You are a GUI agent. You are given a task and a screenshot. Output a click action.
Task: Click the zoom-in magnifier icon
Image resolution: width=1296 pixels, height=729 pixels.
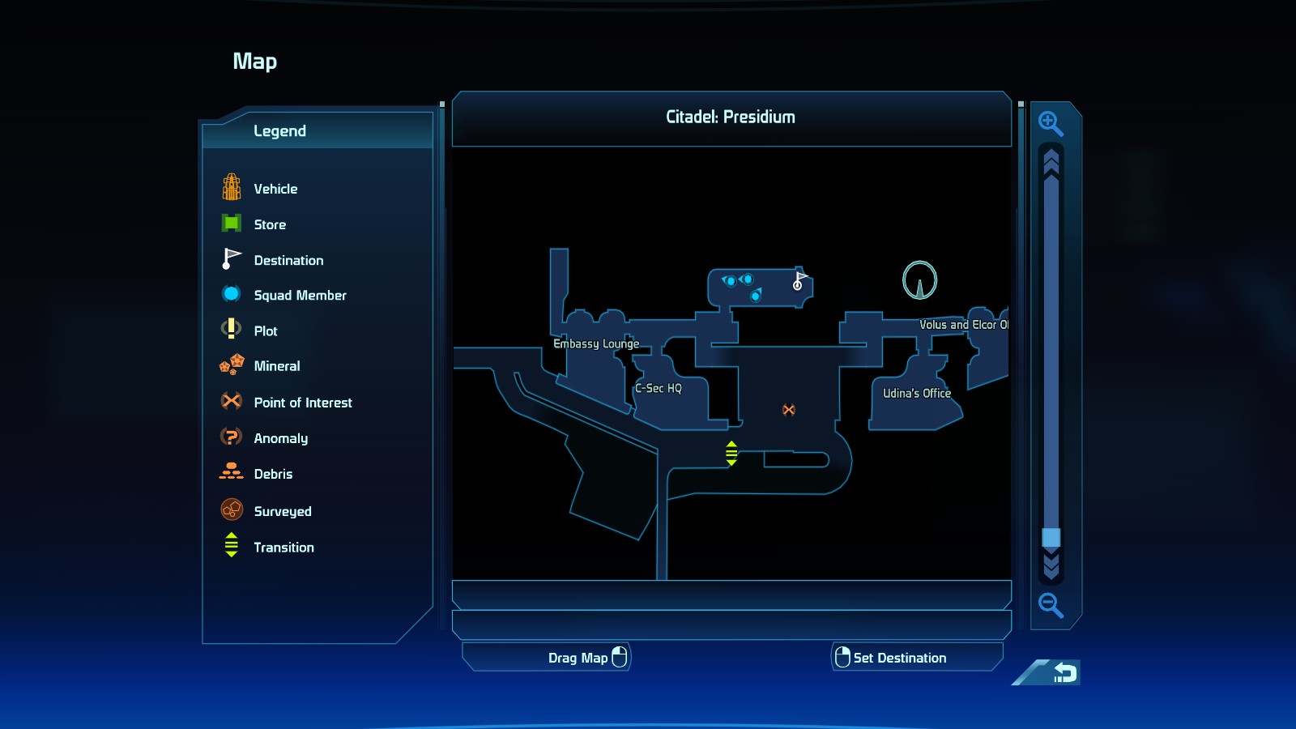pos(1050,123)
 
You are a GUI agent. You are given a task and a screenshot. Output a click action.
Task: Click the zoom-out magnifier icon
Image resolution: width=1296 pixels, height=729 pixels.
pos(1050,605)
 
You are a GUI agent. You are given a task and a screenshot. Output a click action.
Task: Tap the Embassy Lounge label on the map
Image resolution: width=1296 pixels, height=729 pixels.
pos(596,343)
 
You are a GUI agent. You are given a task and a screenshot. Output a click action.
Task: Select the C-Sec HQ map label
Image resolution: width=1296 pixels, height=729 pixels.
pos(659,388)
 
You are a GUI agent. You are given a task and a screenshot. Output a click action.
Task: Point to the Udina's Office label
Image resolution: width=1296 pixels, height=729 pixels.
pos(916,394)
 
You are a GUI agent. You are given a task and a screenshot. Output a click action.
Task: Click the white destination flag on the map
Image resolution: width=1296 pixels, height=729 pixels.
pos(799,280)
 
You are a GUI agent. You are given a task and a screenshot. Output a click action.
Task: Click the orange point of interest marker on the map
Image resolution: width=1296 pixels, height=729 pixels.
pos(789,410)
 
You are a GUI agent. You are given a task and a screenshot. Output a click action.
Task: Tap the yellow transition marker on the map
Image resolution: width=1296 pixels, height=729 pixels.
pos(731,453)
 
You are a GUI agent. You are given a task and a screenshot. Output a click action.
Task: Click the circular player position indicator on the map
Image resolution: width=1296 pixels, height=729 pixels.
pos(919,280)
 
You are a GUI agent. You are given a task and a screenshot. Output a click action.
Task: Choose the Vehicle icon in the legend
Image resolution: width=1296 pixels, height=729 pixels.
pos(232,187)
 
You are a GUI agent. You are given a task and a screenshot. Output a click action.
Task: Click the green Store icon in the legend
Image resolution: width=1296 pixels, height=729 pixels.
pos(232,223)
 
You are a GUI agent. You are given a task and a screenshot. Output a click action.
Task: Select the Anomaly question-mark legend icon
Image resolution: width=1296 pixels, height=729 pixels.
pos(232,437)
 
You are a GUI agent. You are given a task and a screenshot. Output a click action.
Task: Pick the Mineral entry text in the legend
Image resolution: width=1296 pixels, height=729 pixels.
pos(276,366)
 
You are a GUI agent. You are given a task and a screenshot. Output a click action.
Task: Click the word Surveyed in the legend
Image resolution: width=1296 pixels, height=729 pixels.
pos(283,511)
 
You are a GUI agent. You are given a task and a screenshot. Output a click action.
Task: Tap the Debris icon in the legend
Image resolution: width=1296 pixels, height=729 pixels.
pos(232,471)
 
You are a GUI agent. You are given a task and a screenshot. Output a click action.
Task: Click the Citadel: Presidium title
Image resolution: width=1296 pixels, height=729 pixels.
pos(730,117)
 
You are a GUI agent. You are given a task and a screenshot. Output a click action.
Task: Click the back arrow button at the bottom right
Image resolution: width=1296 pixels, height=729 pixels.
pos(1064,672)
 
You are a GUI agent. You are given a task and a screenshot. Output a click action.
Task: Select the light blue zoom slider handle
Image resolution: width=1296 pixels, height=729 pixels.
pos(1051,538)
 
